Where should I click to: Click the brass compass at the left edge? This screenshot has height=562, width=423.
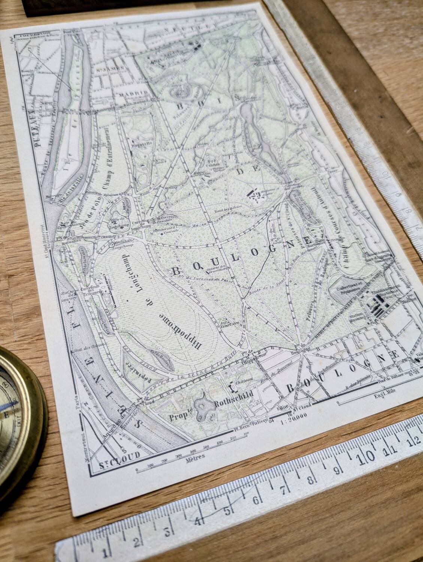[19, 412]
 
